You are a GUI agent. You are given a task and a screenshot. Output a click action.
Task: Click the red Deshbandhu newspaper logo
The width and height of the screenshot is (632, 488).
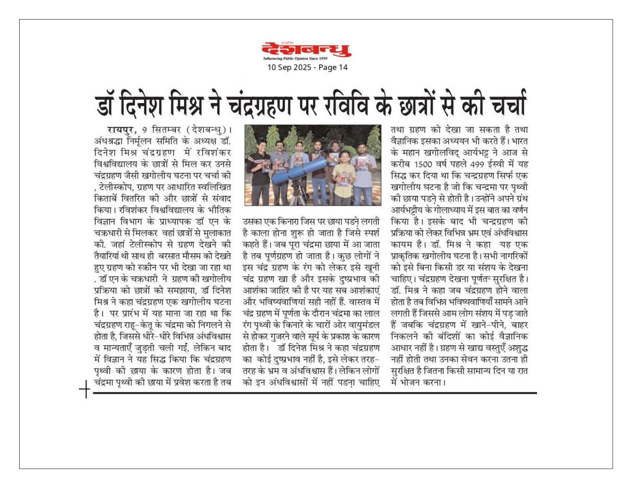point(306,50)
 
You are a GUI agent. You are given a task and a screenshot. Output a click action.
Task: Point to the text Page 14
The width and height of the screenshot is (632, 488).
point(333,67)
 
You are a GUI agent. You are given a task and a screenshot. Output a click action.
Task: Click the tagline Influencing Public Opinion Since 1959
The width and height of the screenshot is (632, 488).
point(295,59)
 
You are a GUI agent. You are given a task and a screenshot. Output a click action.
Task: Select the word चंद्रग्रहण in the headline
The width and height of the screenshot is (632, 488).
point(259,104)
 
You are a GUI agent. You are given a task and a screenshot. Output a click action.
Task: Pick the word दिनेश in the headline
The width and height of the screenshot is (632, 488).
point(141,104)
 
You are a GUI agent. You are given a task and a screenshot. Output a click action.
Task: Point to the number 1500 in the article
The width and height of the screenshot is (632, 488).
point(423,164)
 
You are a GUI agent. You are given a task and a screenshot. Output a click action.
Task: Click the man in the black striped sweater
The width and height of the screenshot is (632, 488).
point(258,172)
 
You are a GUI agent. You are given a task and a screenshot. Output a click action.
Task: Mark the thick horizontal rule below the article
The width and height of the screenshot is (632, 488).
point(314,393)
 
